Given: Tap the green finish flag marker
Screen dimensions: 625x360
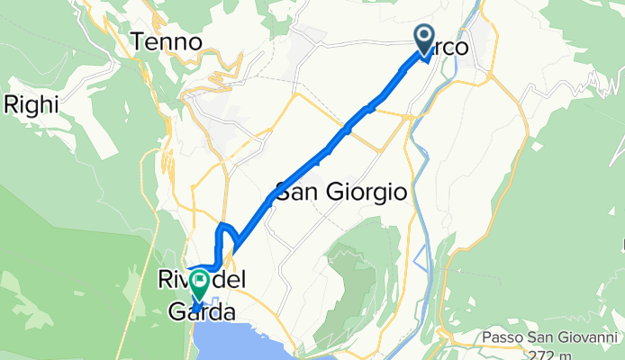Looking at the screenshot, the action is point(197,285).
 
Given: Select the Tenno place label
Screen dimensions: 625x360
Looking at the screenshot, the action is point(162,40).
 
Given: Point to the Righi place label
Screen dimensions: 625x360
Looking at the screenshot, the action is point(32,104).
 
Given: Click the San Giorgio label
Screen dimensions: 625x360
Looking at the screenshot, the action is point(341,193).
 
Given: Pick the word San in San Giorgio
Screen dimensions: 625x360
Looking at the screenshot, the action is point(294,193).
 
